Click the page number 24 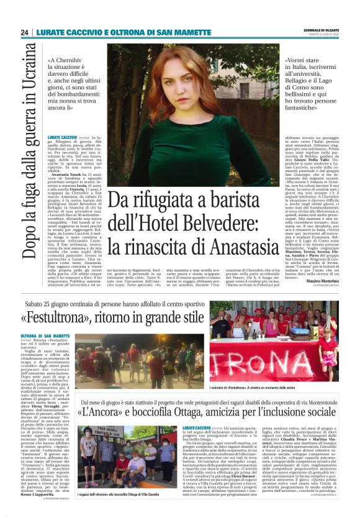(24, 32)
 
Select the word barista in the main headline (250, 198)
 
